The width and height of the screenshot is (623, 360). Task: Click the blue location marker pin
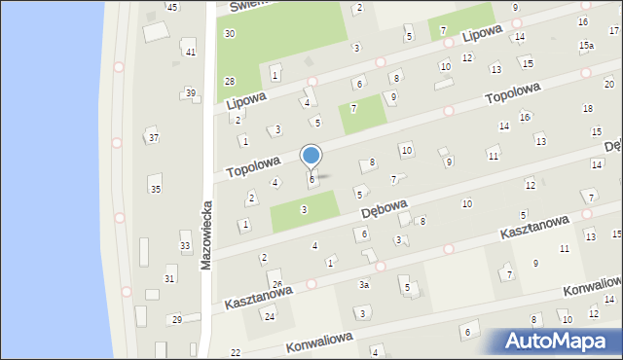pos(311,157)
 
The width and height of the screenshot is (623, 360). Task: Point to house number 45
pos(172,7)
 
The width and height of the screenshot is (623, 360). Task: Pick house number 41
pos(190,52)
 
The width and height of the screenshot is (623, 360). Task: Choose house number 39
pos(191,93)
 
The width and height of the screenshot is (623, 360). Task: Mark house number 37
pos(154,138)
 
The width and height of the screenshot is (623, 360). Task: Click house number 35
pos(156,190)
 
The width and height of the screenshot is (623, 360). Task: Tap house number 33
pos(185,246)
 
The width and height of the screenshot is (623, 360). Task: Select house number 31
pos(169,279)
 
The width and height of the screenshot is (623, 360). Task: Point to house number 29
pos(177,320)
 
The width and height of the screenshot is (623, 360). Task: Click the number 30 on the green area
pos(230,33)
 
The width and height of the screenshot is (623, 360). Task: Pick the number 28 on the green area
pos(230,81)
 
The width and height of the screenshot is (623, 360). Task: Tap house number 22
pos(236,352)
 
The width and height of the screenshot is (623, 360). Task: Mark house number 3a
pos(364,285)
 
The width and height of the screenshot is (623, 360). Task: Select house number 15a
pos(586,46)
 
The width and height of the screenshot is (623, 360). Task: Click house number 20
pos(609,85)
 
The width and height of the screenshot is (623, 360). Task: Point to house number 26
pos(277,284)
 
